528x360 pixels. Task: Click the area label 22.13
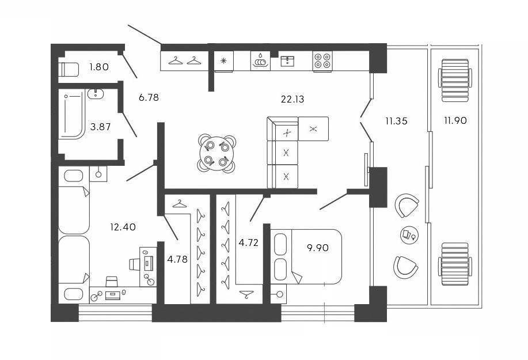(293, 99)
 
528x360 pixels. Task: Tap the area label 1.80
(99, 68)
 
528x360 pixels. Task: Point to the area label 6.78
(149, 97)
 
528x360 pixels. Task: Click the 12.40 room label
(123, 227)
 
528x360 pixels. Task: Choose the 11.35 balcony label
(397, 120)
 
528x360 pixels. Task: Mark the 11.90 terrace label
(455, 120)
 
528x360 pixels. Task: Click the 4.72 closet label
(248, 242)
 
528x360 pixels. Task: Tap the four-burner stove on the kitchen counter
(322, 60)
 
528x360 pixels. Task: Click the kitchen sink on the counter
(260, 60)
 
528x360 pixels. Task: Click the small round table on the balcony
(408, 234)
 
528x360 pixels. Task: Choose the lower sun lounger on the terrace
(454, 263)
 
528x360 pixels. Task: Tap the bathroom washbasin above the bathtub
(96, 94)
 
